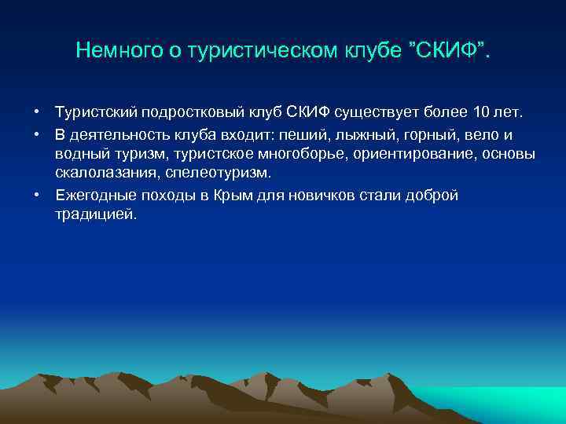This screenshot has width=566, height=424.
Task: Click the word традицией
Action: pos(96,214)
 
